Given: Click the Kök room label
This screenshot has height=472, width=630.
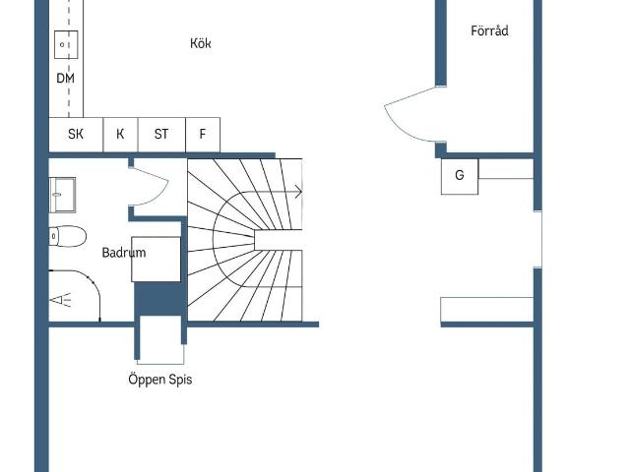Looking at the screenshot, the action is [201, 43].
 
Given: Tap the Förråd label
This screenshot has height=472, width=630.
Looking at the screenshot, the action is [489, 30].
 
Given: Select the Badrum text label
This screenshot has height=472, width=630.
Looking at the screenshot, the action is [124, 253].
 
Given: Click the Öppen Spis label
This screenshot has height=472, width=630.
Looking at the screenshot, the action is [160, 380].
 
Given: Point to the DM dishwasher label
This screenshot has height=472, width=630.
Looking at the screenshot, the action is [66, 79].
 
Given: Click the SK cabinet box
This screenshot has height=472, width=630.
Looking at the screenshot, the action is [76, 135].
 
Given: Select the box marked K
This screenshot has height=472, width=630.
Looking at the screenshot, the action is [120, 135].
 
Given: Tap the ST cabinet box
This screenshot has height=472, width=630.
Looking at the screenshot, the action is [161, 135].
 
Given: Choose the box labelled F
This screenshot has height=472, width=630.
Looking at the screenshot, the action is [203, 135].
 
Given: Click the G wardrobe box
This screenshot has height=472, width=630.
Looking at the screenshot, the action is [460, 177].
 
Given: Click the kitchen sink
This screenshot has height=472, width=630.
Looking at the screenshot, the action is [66, 44].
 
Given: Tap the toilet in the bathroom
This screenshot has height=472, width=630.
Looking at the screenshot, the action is [68, 236].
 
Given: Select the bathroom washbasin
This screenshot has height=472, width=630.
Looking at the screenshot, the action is [62, 195].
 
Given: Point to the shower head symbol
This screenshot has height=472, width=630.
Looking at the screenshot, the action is [60, 300].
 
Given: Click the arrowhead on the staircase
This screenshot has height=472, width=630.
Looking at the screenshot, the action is [298, 192].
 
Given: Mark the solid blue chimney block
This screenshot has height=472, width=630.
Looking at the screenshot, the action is [157, 299].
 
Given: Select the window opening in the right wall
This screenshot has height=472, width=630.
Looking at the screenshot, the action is [538, 239].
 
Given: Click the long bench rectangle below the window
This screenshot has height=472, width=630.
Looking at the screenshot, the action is [487, 310].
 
